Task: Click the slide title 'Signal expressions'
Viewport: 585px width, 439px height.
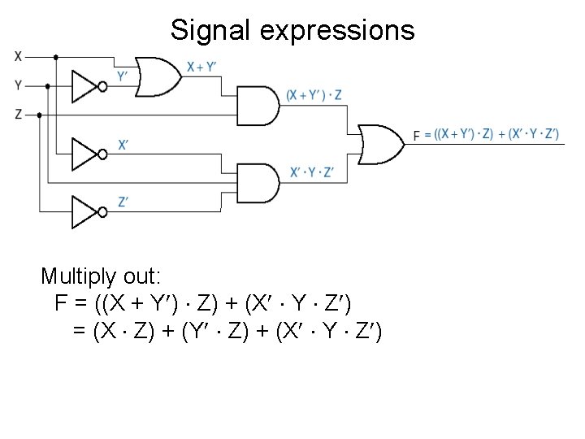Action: [x=292, y=31]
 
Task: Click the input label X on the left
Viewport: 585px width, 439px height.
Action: [x=18, y=57]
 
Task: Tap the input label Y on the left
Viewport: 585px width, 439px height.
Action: [x=18, y=85]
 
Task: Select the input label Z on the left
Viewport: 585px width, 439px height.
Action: [x=18, y=115]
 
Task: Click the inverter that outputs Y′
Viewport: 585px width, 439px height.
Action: [x=86, y=85]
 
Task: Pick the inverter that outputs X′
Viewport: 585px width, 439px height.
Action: [x=86, y=154]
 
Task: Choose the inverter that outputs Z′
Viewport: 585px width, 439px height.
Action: [x=86, y=211]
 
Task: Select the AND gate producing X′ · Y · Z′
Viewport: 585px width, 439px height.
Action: [x=256, y=183]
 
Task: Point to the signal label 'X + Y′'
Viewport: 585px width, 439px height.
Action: [x=201, y=67]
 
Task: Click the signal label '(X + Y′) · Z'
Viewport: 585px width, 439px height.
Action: [x=314, y=96]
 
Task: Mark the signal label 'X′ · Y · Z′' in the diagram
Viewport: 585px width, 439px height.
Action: [x=311, y=172]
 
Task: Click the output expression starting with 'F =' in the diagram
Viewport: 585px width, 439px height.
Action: [x=486, y=135]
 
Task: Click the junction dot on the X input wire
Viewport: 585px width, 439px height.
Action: [x=55, y=58]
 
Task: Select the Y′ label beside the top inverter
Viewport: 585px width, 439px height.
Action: [x=122, y=76]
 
